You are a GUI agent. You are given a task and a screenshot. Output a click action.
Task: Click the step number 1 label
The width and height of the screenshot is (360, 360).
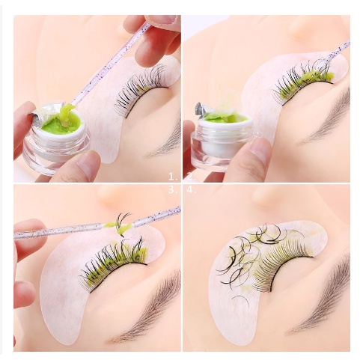pos(174,177)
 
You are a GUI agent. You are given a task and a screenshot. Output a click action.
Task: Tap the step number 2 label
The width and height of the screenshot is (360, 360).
pos(192,177)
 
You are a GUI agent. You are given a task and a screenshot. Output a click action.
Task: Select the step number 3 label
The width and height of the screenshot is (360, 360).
pos(174,190)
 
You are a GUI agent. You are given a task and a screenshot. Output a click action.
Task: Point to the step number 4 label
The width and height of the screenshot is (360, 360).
pos(192,190)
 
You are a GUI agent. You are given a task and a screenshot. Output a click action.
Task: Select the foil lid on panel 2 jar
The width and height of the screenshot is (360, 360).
pos(203,109)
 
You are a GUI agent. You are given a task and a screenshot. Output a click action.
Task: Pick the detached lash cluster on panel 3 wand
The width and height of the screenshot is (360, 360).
pos(121,223)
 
